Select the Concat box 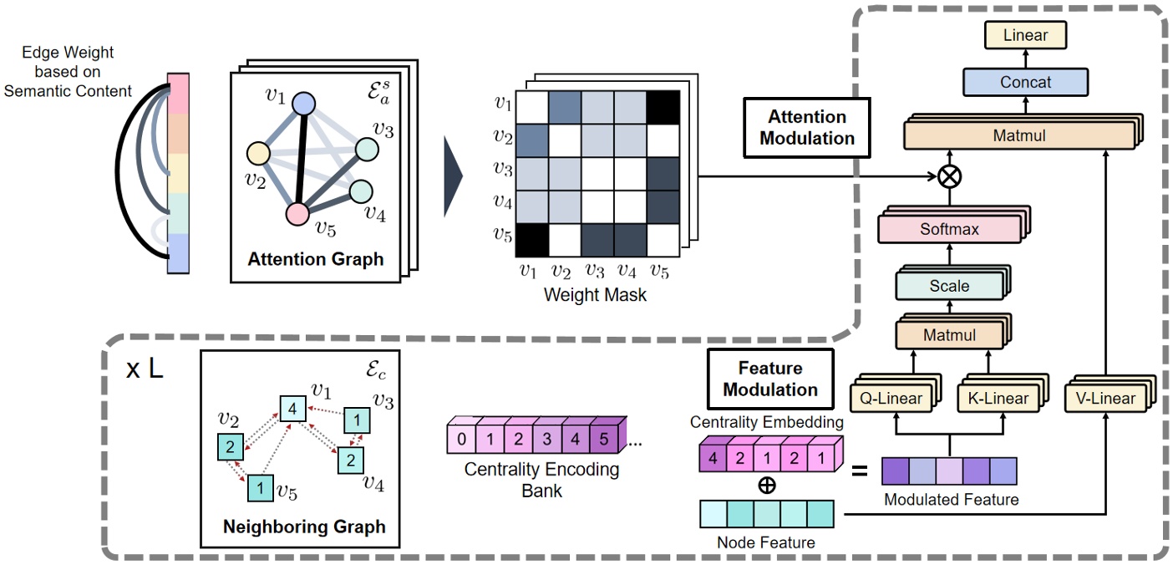(1026, 83)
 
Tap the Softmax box (948, 228)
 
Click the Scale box (949, 285)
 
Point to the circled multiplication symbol (949, 176)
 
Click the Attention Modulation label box (807, 127)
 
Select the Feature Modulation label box (770, 379)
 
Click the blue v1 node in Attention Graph (304, 104)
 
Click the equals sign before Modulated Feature (857, 471)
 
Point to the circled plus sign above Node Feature (765, 486)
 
